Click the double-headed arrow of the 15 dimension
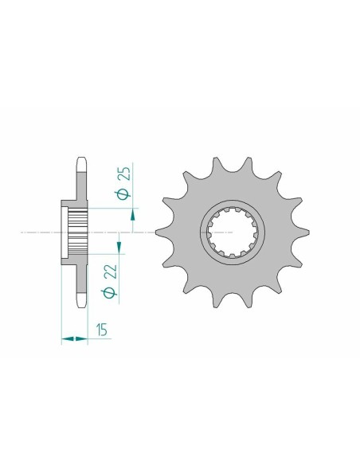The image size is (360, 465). [73, 340]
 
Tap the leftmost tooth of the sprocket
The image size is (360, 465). [162, 232]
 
